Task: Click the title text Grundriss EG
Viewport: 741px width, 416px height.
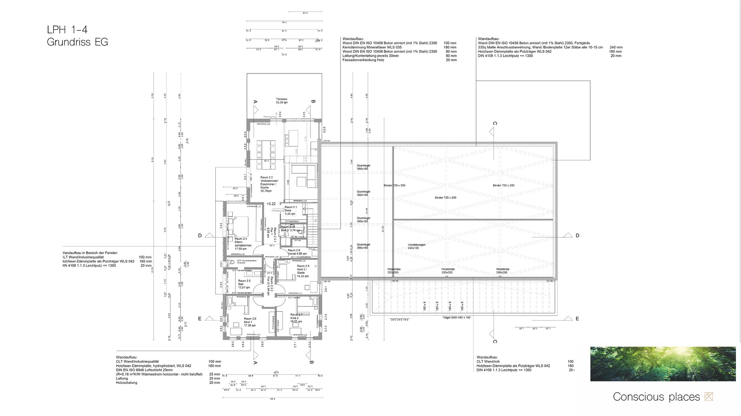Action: (77, 42)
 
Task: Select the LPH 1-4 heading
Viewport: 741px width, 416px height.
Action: (67, 29)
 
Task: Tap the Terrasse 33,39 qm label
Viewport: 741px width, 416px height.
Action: (281, 100)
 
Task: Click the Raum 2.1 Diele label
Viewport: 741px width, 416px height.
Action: (291, 210)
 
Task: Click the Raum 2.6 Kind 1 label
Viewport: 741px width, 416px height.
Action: (250, 322)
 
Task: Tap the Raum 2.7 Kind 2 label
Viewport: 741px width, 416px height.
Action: (296, 318)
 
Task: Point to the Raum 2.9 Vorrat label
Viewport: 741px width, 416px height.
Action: (297, 252)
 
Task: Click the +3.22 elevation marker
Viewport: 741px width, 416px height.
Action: (271, 204)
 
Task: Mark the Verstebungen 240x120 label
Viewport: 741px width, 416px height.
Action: (417, 246)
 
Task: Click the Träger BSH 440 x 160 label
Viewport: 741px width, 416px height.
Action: (456, 317)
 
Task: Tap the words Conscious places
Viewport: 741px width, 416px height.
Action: (656, 397)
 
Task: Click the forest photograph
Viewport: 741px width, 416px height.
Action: (663, 364)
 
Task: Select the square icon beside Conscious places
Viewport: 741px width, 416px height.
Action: (709, 397)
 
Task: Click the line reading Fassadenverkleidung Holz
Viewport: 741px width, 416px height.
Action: (363, 60)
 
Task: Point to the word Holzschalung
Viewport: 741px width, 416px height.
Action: (127, 382)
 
